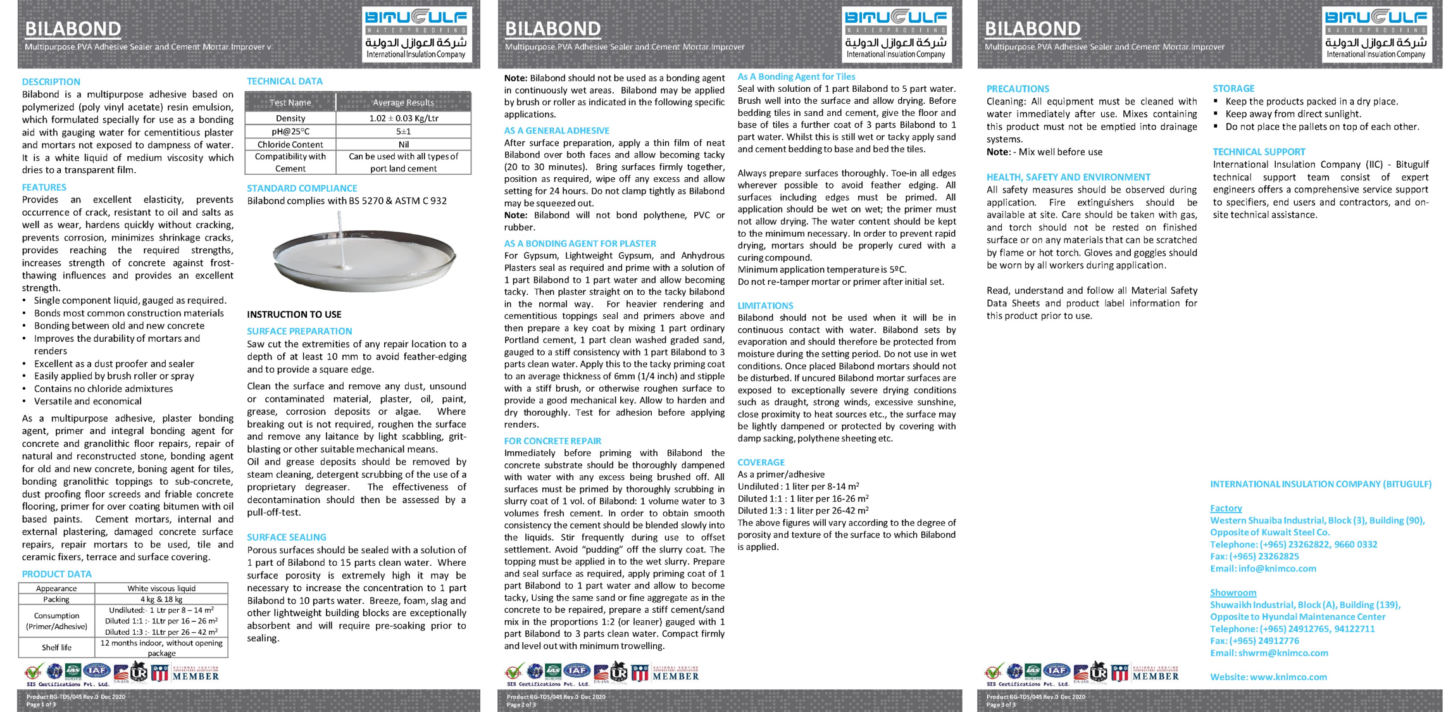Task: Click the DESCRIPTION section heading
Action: pyautogui.click(x=51, y=82)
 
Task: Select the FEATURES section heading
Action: pyautogui.click(x=44, y=187)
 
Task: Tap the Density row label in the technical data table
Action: pyautogui.click(x=290, y=118)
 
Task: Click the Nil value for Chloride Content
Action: pyautogui.click(x=403, y=144)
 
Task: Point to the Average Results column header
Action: pyautogui.click(x=403, y=103)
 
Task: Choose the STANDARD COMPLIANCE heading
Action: pyautogui.click(x=302, y=188)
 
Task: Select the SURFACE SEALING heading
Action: pyautogui.click(x=286, y=537)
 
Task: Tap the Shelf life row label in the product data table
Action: pyautogui.click(x=56, y=647)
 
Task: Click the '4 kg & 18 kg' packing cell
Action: pyautogui.click(x=161, y=599)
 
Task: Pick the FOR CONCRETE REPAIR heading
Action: pyautogui.click(x=552, y=440)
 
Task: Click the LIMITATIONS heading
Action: pyautogui.click(x=765, y=306)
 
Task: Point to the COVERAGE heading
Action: pyautogui.click(x=761, y=462)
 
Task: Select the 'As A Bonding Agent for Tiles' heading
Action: pyautogui.click(x=796, y=77)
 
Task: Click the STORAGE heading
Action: pyautogui.click(x=1233, y=89)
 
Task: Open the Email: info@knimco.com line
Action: pyautogui.click(x=1263, y=568)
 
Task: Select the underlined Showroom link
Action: pyautogui.click(x=1233, y=592)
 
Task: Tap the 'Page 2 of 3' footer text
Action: pyautogui.click(x=521, y=704)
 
